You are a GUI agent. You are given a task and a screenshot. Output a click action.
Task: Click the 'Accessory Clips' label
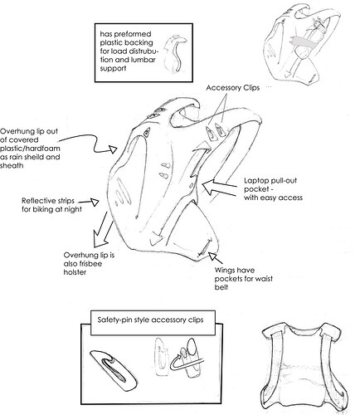(233, 88)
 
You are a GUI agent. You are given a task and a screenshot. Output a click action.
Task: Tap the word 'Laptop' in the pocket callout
(255, 181)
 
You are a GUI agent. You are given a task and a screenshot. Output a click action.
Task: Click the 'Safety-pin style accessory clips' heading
(150, 320)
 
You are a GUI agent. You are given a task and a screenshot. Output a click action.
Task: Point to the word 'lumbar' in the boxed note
(144, 60)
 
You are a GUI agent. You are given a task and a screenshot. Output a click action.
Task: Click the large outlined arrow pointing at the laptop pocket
(219, 188)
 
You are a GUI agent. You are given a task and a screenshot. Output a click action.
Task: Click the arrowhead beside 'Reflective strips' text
(95, 203)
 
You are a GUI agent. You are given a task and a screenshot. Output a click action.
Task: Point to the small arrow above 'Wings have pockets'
(215, 257)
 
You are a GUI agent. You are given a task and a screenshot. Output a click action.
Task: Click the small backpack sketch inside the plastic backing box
(175, 54)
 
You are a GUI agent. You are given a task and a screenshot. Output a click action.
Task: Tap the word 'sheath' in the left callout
(12, 165)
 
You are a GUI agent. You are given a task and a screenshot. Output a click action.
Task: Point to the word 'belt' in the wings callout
(221, 287)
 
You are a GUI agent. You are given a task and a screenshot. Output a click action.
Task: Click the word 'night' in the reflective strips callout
(73, 209)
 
